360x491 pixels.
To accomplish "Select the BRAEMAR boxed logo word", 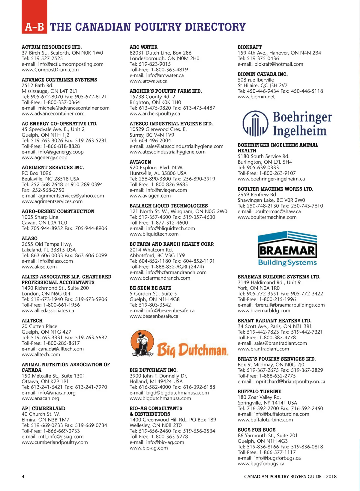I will click(287, 251).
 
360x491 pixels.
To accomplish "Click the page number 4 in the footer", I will click(23, 476).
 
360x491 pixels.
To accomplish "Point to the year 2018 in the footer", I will click(331, 476).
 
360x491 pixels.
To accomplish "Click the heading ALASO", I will click(29, 238).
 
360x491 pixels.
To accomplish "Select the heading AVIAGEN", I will click(140, 162).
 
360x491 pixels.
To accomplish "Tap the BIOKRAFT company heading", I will click(250, 47).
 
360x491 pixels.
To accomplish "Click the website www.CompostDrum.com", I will click(50, 70).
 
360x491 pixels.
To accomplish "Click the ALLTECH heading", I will click(32, 320).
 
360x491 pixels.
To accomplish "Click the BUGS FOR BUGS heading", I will click(256, 430).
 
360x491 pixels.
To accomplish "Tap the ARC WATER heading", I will click(143, 47).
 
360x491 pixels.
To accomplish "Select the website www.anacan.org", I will click(40, 398).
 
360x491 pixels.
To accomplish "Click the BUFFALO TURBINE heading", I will click(259, 391).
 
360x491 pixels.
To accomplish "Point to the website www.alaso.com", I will click(39, 267).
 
